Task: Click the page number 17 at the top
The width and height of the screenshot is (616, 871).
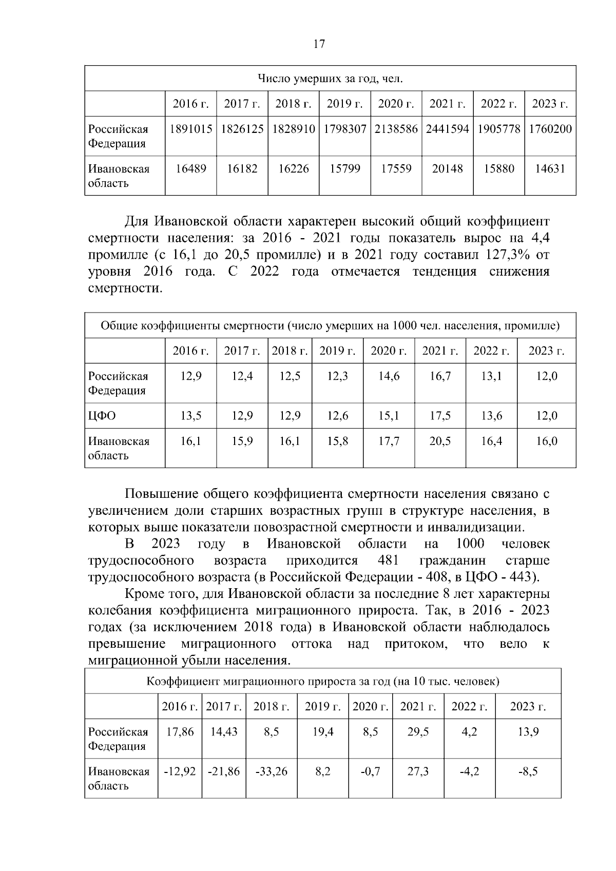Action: [319, 44]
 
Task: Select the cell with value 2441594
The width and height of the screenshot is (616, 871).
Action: [447, 129]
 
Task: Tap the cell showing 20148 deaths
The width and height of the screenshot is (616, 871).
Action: [447, 169]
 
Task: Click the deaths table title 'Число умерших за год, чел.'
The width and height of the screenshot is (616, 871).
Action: [330, 79]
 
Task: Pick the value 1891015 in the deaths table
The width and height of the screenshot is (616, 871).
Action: [191, 129]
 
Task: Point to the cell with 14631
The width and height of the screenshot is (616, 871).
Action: [550, 169]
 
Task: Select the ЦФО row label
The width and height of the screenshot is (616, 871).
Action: [102, 416]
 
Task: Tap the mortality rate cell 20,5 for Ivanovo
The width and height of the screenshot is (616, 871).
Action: [440, 441]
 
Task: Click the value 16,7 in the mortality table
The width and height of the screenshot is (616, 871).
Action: [440, 376]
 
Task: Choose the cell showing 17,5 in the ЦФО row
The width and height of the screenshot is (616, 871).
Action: [440, 416]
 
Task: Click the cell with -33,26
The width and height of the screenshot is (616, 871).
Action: [271, 771]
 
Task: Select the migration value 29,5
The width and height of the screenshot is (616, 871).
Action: [418, 732]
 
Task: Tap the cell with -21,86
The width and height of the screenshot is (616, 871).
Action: [224, 771]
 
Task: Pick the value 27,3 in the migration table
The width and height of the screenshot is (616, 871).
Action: [418, 771]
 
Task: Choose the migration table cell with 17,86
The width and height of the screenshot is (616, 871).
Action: [180, 732]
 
